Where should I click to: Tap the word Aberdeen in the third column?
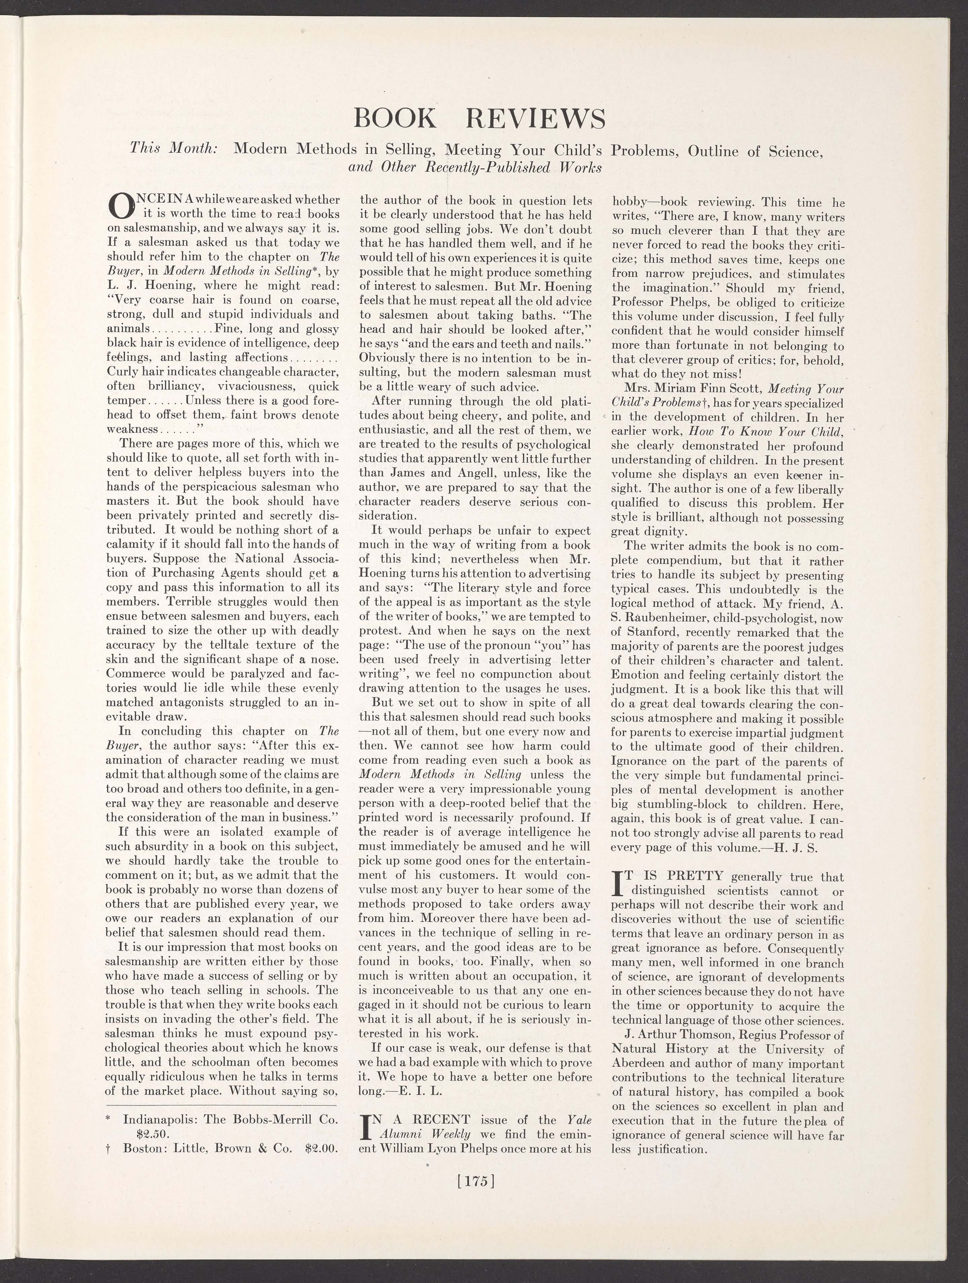pos(639,1064)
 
